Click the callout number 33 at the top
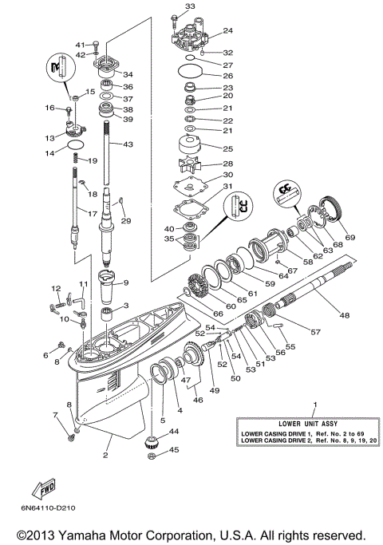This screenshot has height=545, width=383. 189,6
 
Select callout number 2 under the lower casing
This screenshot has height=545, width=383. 105,456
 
